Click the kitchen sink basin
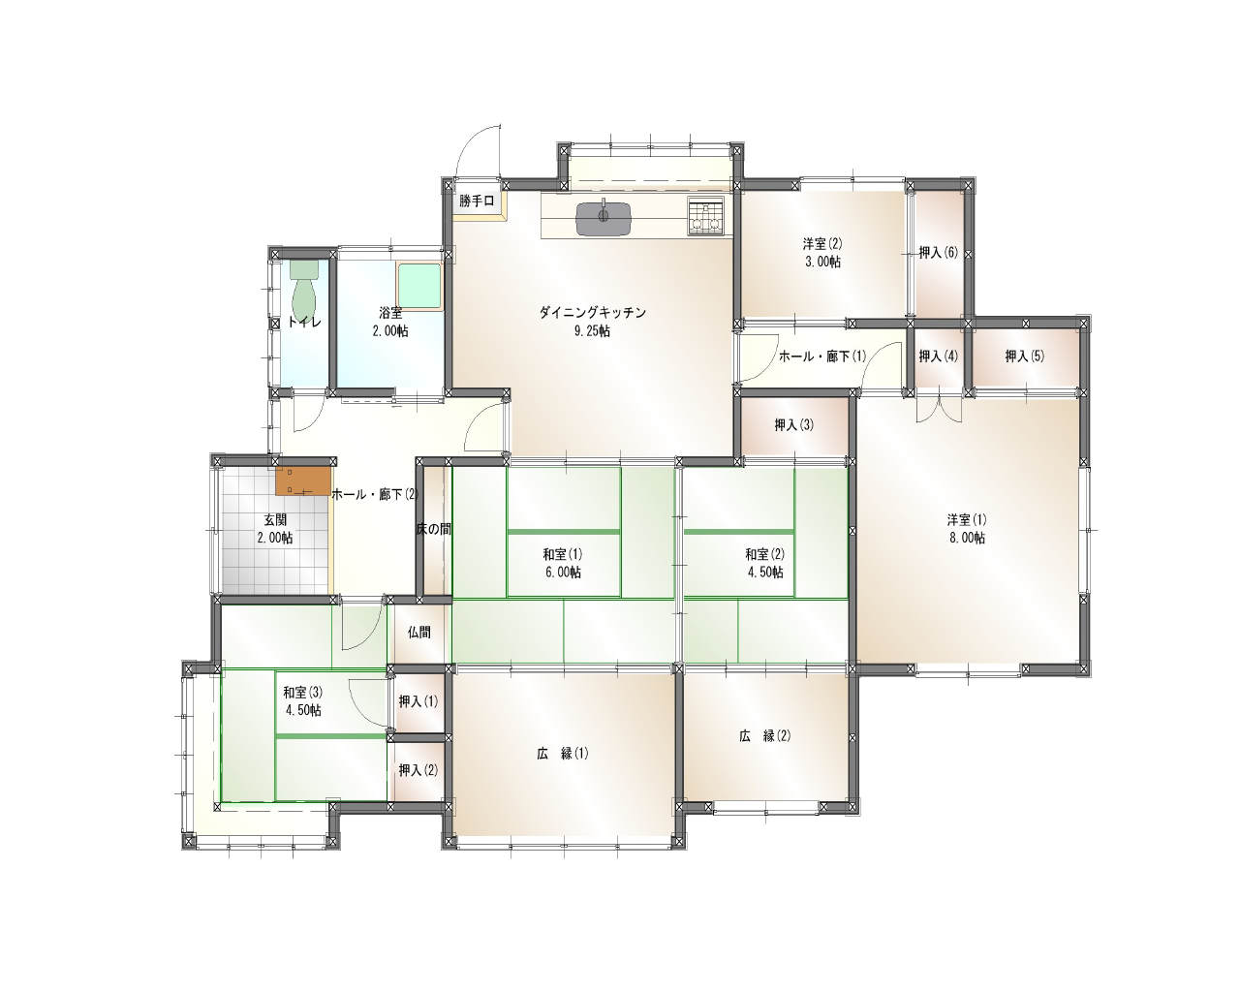pyautogui.click(x=604, y=219)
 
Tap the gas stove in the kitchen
pyautogui.click(x=706, y=216)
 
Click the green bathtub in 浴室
pyautogui.click(x=418, y=286)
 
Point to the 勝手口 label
pyautogui.click(x=477, y=201)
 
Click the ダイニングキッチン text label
pyautogui.click(x=592, y=312)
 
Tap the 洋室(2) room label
pyautogui.click(x=822, y=243)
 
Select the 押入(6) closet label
pyautogui.click(x=938, y=252)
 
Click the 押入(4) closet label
pyautogui.click(x=938, y=356)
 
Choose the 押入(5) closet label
pyautogui.click(x=1025, y=356)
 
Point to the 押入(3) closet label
pyautogui.click(x=794, y=425)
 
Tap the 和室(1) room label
pyautogui.click(x=563, y=554)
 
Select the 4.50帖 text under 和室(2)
pyautogui.click(x=764, y=573)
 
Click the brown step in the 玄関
pyautogui.click(x=303, y=481)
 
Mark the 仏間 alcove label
pyautogui.click(x=418, y=633)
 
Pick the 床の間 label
pyautogui.click(x=434, y=529)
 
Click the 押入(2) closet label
pyautogui.click(x=418, y=769)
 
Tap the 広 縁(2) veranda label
pyautogui.click(x=765, y=736)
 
